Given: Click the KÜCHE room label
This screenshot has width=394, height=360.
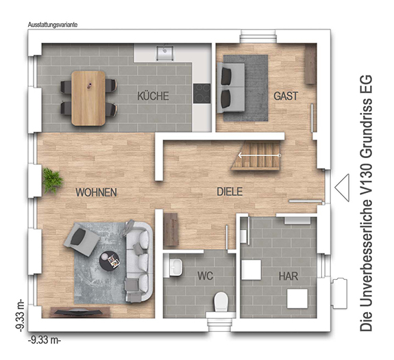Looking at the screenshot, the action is [x=153, y=96].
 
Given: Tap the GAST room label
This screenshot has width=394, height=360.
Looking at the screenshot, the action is [x=286, y=96].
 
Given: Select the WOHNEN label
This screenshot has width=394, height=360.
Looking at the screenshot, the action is [x=96, y=192].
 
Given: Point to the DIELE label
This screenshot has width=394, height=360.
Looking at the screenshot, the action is [x=230, y=192].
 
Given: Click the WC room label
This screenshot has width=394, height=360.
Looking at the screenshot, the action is [x=206, y=276].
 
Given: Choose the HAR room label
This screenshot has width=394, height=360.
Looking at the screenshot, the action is [x=288, y=276].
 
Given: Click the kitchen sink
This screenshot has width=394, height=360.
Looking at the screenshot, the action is [x=165, y=53].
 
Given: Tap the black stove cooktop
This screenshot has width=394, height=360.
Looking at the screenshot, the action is [x=201, y=93].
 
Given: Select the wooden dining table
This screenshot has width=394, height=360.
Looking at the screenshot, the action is [x=88, y=98].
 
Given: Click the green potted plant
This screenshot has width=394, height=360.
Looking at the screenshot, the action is [x=52, y=181].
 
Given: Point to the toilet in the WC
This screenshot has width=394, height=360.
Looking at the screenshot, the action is [x=221, y=302].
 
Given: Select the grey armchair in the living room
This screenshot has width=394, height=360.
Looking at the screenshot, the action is [x=82, y=240].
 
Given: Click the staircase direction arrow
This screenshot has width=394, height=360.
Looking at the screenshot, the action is [x=259, y=155].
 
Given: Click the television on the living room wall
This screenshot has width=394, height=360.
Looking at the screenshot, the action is [x=78, y=312].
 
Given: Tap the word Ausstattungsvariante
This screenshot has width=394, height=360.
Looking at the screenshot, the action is [x=53, y=25].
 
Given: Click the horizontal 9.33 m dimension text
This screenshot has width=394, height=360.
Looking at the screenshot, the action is [x=45, y=341].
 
